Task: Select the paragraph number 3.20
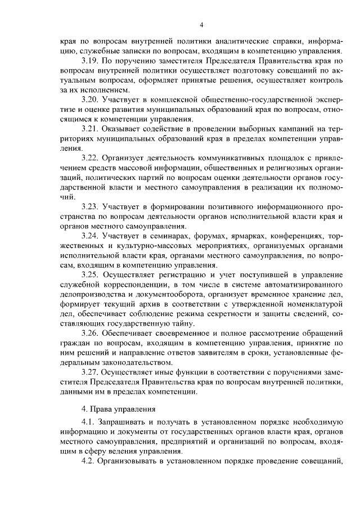tap(91, 100)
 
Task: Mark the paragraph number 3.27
tap(91, 373)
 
